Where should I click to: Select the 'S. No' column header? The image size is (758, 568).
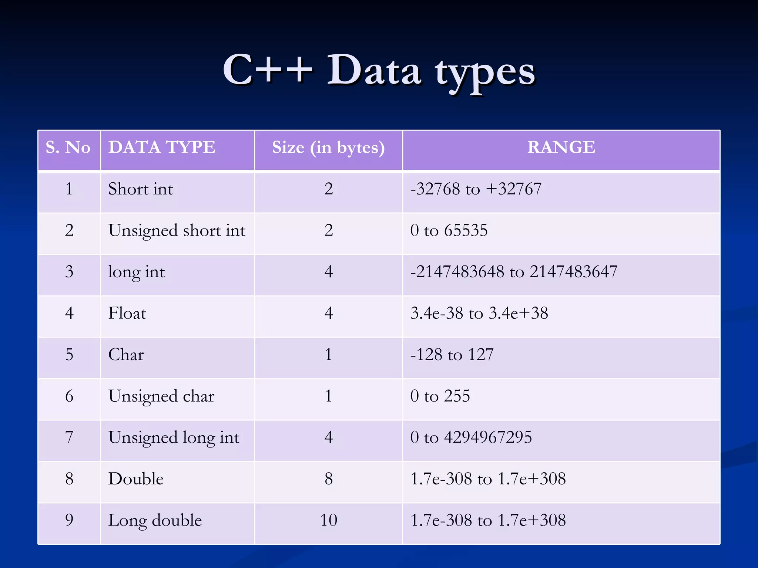coord(68,148)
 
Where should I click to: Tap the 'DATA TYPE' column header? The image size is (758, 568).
coord(162,147)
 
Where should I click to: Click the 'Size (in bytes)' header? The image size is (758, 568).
coord(328,148)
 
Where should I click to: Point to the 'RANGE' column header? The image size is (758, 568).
coord(561,147)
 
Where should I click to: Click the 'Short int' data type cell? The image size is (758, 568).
coord(141,189)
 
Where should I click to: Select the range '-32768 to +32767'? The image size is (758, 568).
coord(476,189)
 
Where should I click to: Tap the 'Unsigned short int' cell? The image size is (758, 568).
coord(177,231)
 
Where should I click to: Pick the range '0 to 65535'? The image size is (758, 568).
coord(449,230)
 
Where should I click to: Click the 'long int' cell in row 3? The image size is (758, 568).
coord(136,272)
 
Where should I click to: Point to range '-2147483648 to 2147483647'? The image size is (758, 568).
coord(514,272)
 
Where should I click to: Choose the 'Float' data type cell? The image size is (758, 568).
coord(127,314)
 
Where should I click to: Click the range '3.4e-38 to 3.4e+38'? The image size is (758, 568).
coord(479,313)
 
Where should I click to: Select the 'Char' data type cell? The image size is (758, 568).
coord(126,355)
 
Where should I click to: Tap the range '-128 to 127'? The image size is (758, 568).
coord(452,355)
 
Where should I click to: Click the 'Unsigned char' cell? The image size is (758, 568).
coord(161,396)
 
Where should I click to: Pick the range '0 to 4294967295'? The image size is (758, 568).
coord(471,437)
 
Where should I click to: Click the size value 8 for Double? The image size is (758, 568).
coord(329,479)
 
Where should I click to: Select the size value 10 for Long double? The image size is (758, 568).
coord(329,520)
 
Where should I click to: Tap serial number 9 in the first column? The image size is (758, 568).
coord(69,520)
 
